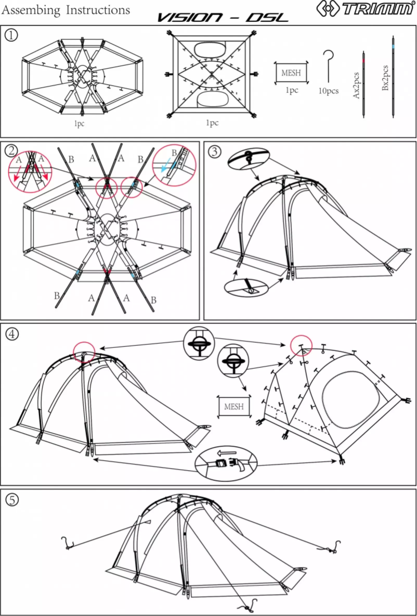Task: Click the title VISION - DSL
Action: coord(222,18)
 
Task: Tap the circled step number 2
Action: coord(11,150)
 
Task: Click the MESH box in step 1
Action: coord(291,73)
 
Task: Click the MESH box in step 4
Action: coord(233,406)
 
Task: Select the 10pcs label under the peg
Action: coord(329,91)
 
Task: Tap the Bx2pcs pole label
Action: coord(385,78)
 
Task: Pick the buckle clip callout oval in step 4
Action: coord(226,462)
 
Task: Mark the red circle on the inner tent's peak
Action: coord(301,344)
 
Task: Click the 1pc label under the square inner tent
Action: coord(212,123)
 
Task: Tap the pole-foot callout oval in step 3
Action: coord(249,286)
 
